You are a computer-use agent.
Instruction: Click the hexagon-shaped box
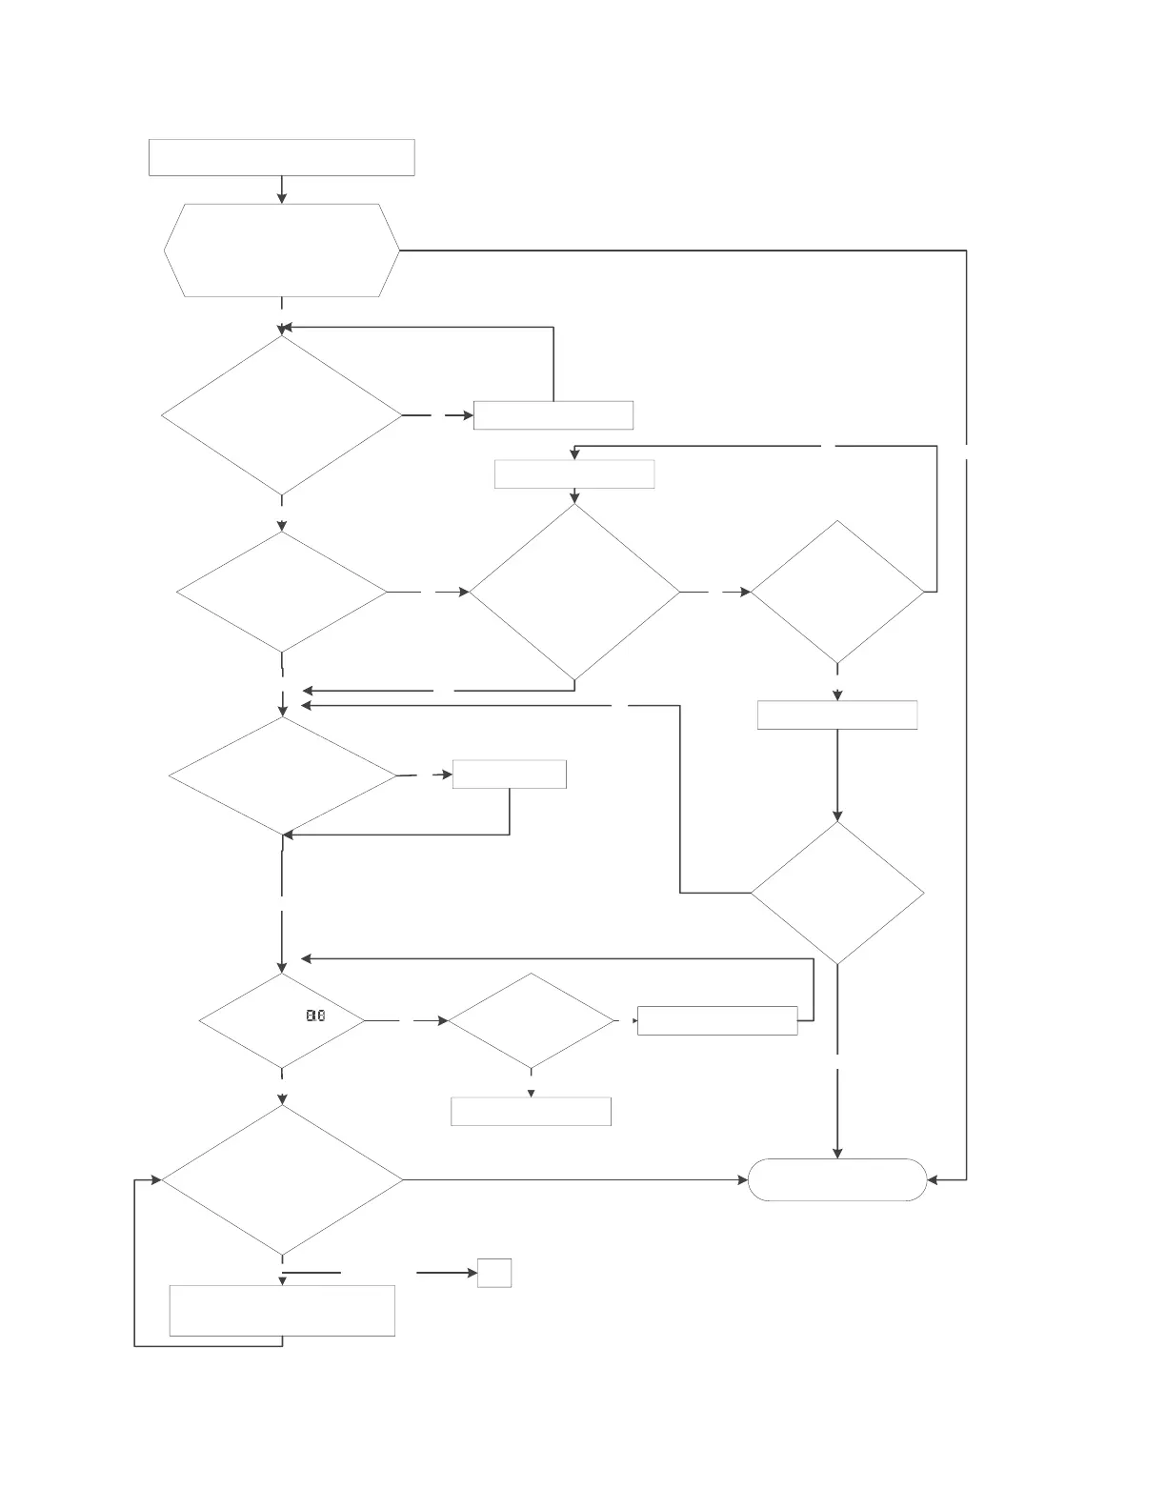click(281, 251)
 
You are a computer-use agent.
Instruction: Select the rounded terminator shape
click(837, 1179)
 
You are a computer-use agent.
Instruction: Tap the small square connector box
click(494, 1273)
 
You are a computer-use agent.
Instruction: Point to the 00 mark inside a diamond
click(315, 1016)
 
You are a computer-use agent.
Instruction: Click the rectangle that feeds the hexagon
click(281, 157)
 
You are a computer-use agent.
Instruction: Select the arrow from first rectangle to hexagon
click(282, 190)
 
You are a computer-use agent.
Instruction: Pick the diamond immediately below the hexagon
click(282, 415)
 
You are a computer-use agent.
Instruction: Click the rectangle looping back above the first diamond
click(553, 415)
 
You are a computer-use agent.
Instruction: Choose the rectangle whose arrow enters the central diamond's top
click(574, 474)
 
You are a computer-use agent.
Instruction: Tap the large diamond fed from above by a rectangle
click(574, 592)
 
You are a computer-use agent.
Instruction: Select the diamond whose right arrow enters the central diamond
click(282, 592)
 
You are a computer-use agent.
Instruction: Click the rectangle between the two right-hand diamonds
click(837, 714)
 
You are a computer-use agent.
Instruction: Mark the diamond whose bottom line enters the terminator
click(837, 893)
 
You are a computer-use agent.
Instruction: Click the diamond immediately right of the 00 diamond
click(532, 1020)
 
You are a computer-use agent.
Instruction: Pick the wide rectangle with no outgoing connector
click(531, 1112)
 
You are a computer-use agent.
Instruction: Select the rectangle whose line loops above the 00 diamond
click(717, 1020)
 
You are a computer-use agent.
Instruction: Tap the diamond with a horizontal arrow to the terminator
click(282, 1180)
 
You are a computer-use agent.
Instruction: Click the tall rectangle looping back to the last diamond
click(282, 1311)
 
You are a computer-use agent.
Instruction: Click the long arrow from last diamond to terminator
click(572, 1180)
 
